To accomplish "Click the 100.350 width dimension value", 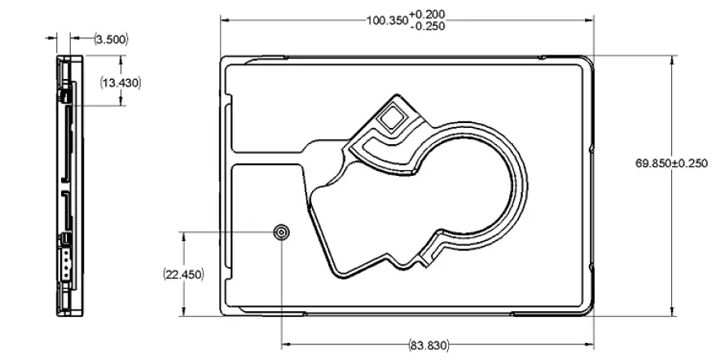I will point(386,20).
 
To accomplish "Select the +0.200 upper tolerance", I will point(428,14).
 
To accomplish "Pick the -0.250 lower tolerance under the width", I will point(428,25).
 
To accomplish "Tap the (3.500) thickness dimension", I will point(111,38).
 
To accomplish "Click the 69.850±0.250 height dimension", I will point(672,164).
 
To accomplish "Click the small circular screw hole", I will point(282,233).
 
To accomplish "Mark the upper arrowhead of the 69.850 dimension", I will point(672,59).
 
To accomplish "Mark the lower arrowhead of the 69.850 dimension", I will point(672,311).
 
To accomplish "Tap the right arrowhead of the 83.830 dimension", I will point(589,345).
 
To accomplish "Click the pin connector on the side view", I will point(64,262).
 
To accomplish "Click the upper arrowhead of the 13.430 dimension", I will point(122,59).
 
